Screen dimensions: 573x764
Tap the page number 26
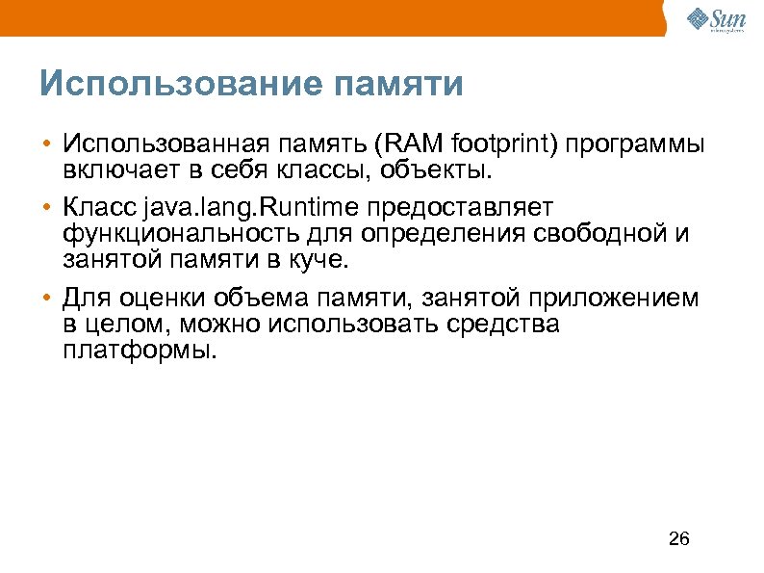[678, 537]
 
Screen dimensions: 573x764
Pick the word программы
[635, 144]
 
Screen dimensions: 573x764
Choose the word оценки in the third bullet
[167, 298]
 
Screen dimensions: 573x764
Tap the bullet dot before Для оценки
[46, 299]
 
